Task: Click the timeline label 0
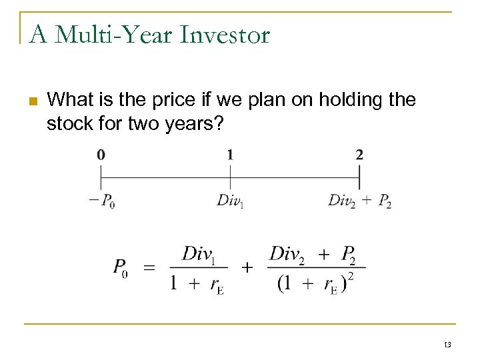pyautogui.click(x=101, y=155)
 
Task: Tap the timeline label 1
pyautogui.click(x=230, y=155)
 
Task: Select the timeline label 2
pyautogui.click(x=359, y=155)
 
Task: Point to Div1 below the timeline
pyautogui.click(x=230, y=201)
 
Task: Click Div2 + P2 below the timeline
pyautogui.click(x=359, y=201)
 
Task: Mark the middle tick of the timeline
pyautogui.click(x=230, y=177)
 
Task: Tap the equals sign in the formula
pyautogui.click(x=150, y=268)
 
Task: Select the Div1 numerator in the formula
pyautogui.click(x=199, y=253)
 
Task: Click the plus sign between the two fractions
pyautogui.click(x=247, y=268)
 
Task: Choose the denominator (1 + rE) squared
pyautogui.click(x=315, y=283)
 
